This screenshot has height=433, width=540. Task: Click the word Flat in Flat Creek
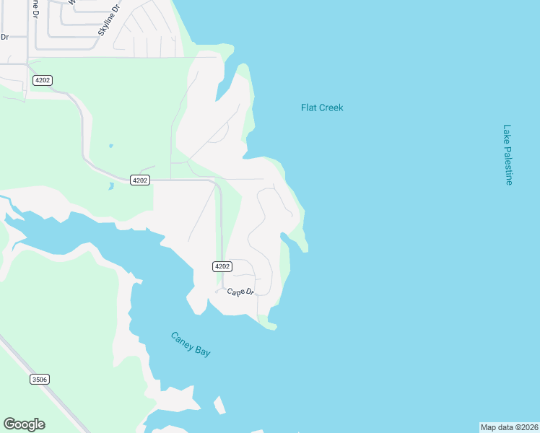click(x=309, y=108)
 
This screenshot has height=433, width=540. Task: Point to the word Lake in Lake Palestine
click(x=508, y=134)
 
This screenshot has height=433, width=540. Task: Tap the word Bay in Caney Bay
click(x=202, y=351)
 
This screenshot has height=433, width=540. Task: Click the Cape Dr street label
click(x=241, y=292)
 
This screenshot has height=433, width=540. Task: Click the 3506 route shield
click(x=40, y=379)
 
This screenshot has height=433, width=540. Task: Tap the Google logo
click(x=24, y=424)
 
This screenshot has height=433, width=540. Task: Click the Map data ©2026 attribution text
click(x=510, y=427)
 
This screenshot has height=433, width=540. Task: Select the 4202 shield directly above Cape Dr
click(x=222, y=266)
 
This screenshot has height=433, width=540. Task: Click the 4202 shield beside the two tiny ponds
click(x=140, y=180)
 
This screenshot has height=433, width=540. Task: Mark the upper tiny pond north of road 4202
click(x=110, y=146)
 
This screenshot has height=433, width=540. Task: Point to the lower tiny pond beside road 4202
click(x=110, y=186)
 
